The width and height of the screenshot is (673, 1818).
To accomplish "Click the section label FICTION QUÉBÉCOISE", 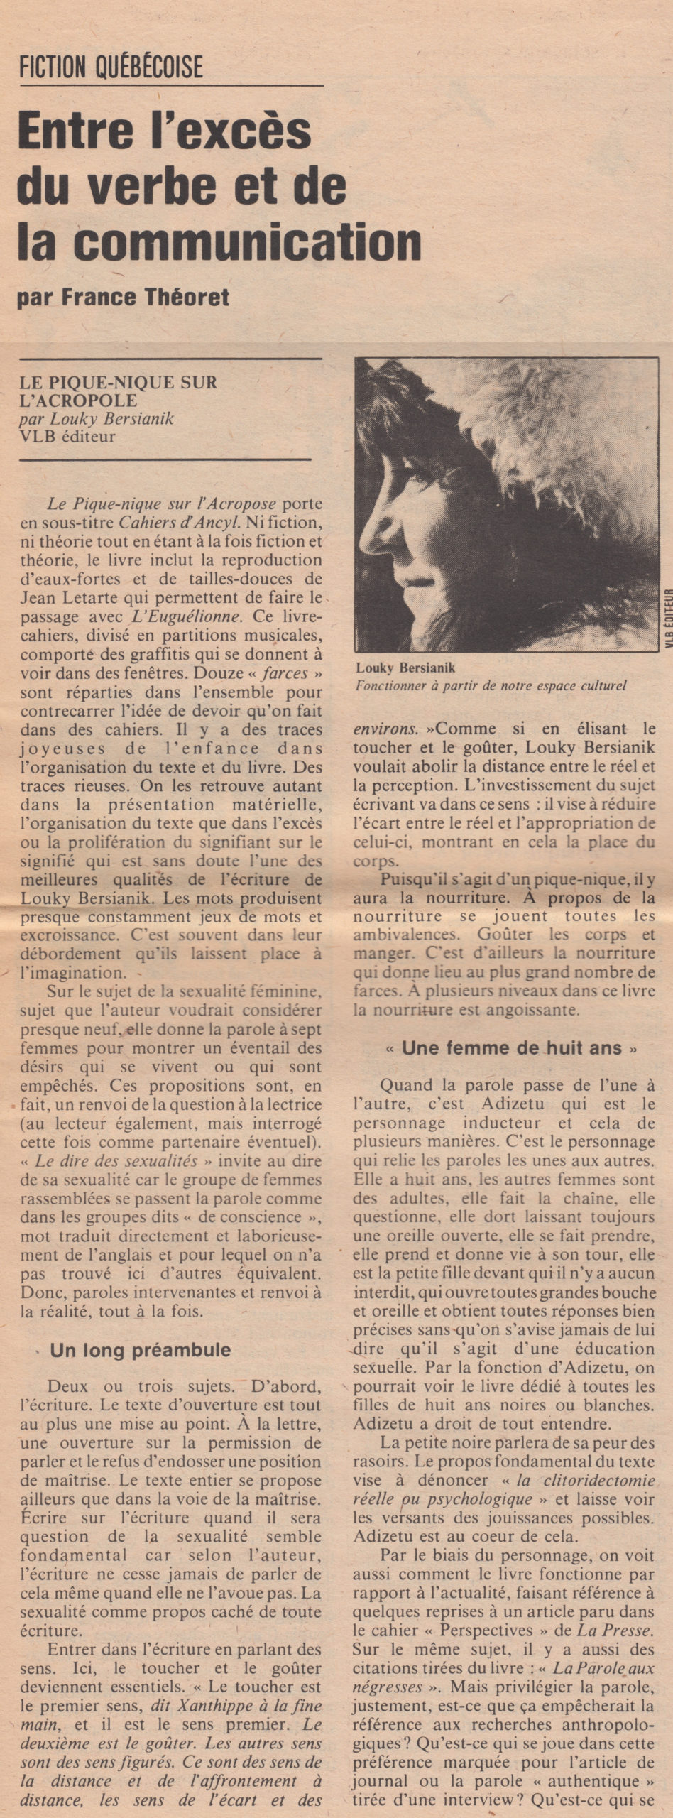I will (x=111, y=67).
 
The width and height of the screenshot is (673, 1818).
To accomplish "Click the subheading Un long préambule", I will (x=140, y=1350).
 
